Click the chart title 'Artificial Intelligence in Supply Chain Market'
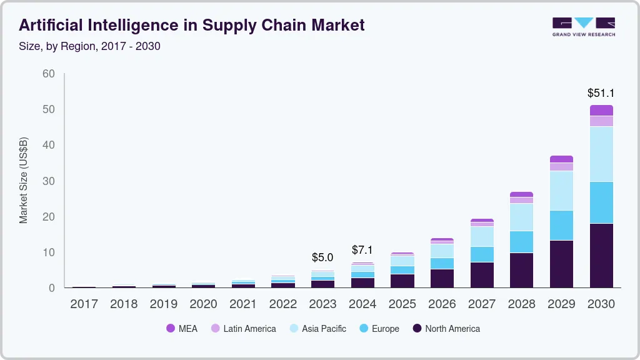192,25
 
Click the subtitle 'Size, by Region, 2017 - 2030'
89,46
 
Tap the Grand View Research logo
583,26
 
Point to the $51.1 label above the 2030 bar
601,93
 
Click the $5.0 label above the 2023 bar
322,257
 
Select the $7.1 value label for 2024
362,250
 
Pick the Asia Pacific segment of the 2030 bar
601,154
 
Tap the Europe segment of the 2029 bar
561,225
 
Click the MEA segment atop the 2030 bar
601,110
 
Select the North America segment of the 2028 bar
521,270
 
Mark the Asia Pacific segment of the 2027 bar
481,236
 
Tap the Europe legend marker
363,329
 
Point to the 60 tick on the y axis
48,74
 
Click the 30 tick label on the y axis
48,181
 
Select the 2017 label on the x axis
84,304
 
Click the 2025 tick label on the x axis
402,304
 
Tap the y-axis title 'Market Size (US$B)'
24,181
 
